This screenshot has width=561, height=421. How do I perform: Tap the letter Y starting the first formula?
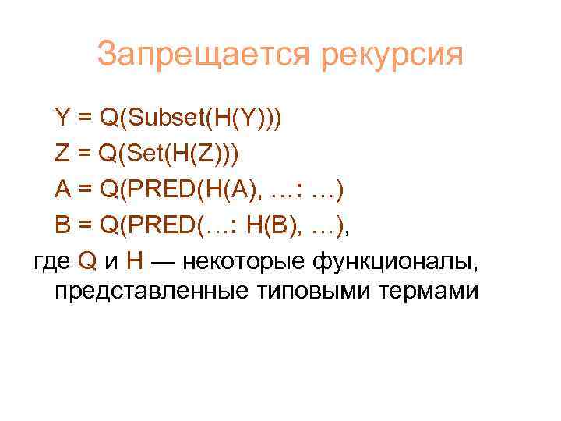click(62, 119)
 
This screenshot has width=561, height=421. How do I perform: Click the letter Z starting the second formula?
click(62, 154)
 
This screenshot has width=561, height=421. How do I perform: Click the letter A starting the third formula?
click(63, 189)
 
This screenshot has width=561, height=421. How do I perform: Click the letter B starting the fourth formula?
click(63, 225)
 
